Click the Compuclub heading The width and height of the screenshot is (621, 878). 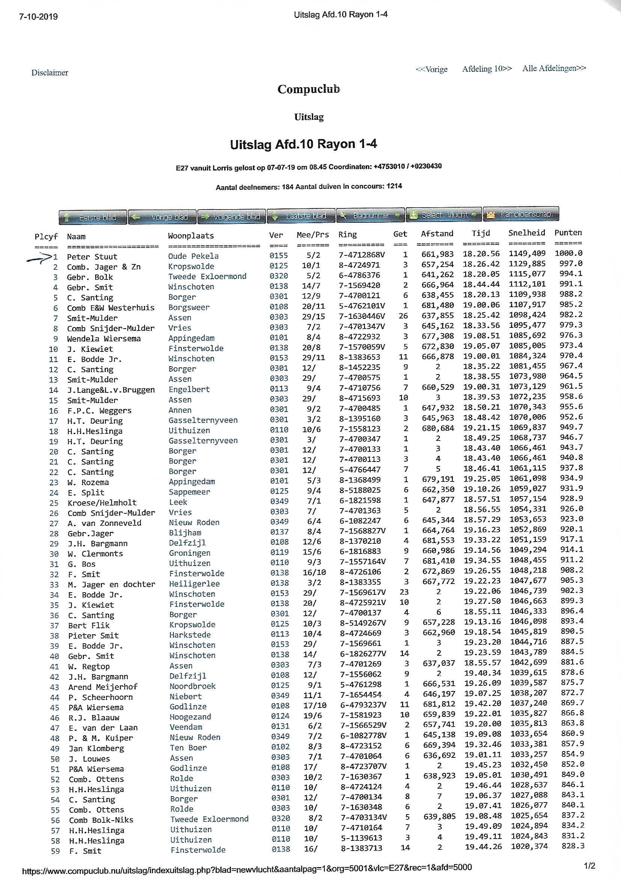309,89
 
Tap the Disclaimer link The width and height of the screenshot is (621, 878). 50,72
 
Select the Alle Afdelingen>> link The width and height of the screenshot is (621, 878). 554,68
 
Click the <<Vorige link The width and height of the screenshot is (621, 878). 431,69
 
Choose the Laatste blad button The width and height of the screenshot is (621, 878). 301,216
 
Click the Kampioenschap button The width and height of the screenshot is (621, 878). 521,214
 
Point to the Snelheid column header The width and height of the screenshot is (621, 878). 526,233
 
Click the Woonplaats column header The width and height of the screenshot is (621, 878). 191,235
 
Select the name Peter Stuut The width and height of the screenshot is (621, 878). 92,256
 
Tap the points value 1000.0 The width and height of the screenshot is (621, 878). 568,253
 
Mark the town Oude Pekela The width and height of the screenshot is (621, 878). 193,256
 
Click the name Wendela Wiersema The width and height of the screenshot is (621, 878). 104,338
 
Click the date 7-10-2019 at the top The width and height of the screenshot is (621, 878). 38,17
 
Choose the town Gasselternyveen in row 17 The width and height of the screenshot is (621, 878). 203,420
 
